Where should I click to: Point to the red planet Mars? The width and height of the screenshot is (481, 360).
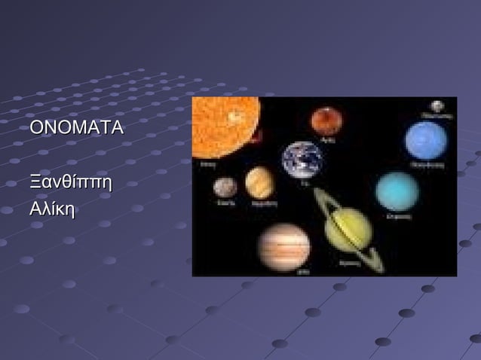(x=326, y=121)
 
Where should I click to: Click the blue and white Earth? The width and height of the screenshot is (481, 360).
(x=302, y=160)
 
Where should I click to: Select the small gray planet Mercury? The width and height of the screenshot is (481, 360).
(x=225, y=187)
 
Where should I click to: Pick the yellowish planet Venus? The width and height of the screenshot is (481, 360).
(x=260, y=182)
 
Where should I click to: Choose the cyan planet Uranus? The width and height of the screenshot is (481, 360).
(x=397, y=191)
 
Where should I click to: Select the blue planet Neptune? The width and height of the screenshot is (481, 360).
(x=426, y=140)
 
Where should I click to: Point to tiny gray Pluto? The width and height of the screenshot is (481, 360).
(x=437, y=106)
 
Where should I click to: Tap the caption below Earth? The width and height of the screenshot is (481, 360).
(x=304, y=183)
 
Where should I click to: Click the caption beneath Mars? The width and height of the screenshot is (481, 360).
(x=328, y=139)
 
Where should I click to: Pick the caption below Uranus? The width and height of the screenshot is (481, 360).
(x=397, y=216)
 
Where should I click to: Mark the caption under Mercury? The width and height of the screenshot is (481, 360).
(x=225, y=202)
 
